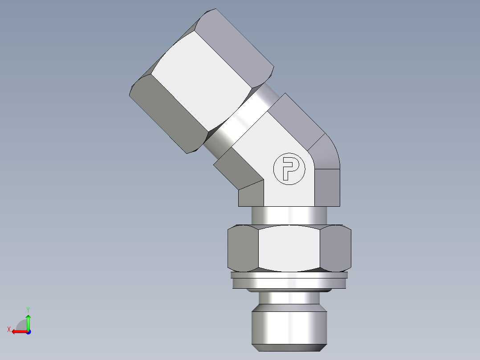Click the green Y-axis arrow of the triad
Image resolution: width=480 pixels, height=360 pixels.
28,321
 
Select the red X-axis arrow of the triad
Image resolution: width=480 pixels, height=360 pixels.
18,331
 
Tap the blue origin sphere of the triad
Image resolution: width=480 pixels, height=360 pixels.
28,331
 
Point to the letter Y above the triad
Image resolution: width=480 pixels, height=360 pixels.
28,309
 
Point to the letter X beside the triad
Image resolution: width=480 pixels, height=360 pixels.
8,329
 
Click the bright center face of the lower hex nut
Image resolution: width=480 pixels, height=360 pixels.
289,248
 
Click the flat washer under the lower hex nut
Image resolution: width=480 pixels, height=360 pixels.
289,282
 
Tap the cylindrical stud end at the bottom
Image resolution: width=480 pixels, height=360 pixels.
289,327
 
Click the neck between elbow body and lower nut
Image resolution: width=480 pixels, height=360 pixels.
289,216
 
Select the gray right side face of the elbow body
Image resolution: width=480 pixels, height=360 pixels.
328,187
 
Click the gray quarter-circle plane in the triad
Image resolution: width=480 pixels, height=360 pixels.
22,325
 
